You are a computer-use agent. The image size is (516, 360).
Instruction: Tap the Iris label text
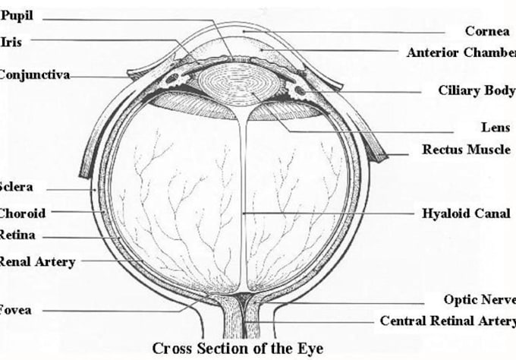[11, 41]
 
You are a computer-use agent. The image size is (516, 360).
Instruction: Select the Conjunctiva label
[35, 74]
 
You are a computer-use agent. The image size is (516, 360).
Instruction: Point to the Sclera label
[17, 187]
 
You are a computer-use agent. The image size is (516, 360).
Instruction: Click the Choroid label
[22, 213]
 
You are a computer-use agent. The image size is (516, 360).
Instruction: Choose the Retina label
[18, 235]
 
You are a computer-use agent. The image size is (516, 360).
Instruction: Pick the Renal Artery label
[36, 262]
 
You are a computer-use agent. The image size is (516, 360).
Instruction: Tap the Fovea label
[16, 310]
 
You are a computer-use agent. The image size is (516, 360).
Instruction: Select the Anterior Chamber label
[461, 52]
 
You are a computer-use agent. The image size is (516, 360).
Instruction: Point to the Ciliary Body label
[476, 90]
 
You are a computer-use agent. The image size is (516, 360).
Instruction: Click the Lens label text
[496, 128]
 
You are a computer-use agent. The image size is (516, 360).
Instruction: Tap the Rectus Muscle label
[466, 150]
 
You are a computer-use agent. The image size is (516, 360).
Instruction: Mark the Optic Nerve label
[480, 300]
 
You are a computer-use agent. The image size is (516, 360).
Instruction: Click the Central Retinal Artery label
[447, 321]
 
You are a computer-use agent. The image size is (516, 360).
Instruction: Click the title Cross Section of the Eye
[238, 349]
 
